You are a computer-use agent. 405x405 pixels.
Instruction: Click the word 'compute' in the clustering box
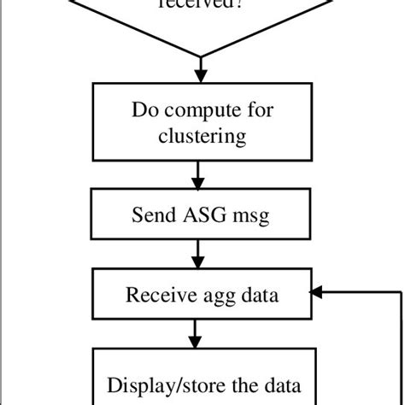pos(199,111)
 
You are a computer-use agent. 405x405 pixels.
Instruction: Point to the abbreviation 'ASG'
pos(201,215)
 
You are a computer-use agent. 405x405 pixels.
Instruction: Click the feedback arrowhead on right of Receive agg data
pos(314,293)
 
